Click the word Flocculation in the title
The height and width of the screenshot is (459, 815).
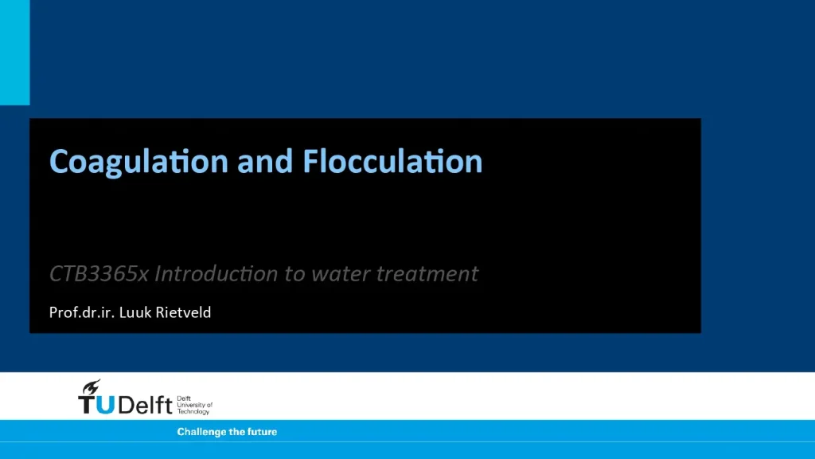click(392, 162)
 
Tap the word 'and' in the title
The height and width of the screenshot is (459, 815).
click(265, 162)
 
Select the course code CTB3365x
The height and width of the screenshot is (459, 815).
click(99, 274)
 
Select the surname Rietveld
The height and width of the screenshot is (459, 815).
click(185, 312)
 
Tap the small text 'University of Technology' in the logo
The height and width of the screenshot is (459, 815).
click(194, 408)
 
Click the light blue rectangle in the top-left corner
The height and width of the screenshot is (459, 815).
click(14, 52)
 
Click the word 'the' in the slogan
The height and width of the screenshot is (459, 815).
click(236, 432)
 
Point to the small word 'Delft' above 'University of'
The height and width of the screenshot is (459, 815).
click(184, 398)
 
